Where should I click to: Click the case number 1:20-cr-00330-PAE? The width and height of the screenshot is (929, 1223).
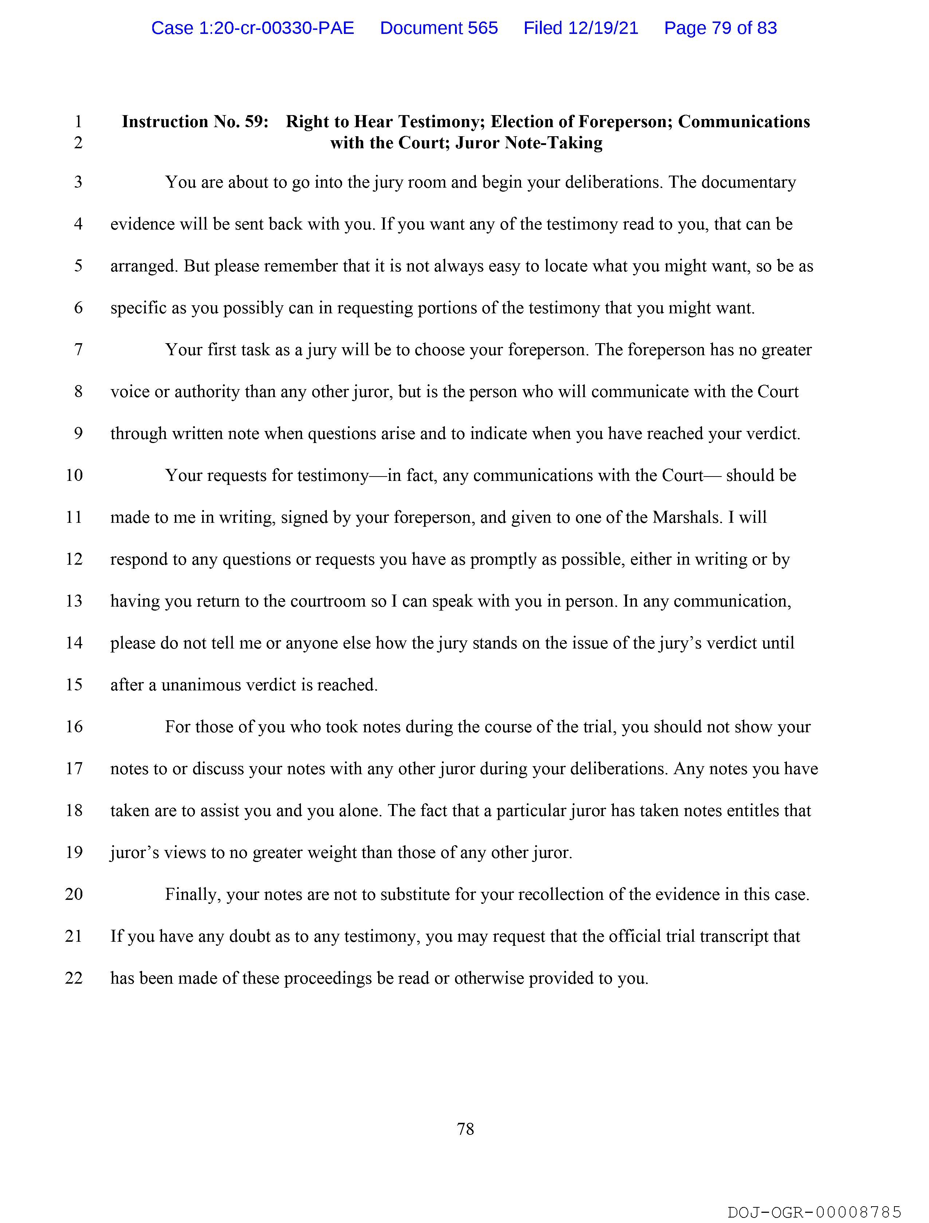point(253,28)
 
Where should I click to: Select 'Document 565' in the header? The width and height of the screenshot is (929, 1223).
point(439,28)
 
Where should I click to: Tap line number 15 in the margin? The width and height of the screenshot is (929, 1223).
point(74,685)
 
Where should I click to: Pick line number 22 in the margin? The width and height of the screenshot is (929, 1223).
point(74,978)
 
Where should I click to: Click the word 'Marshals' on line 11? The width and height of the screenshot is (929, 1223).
point(687,518)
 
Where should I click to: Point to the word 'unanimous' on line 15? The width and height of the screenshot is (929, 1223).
point(201,685)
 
